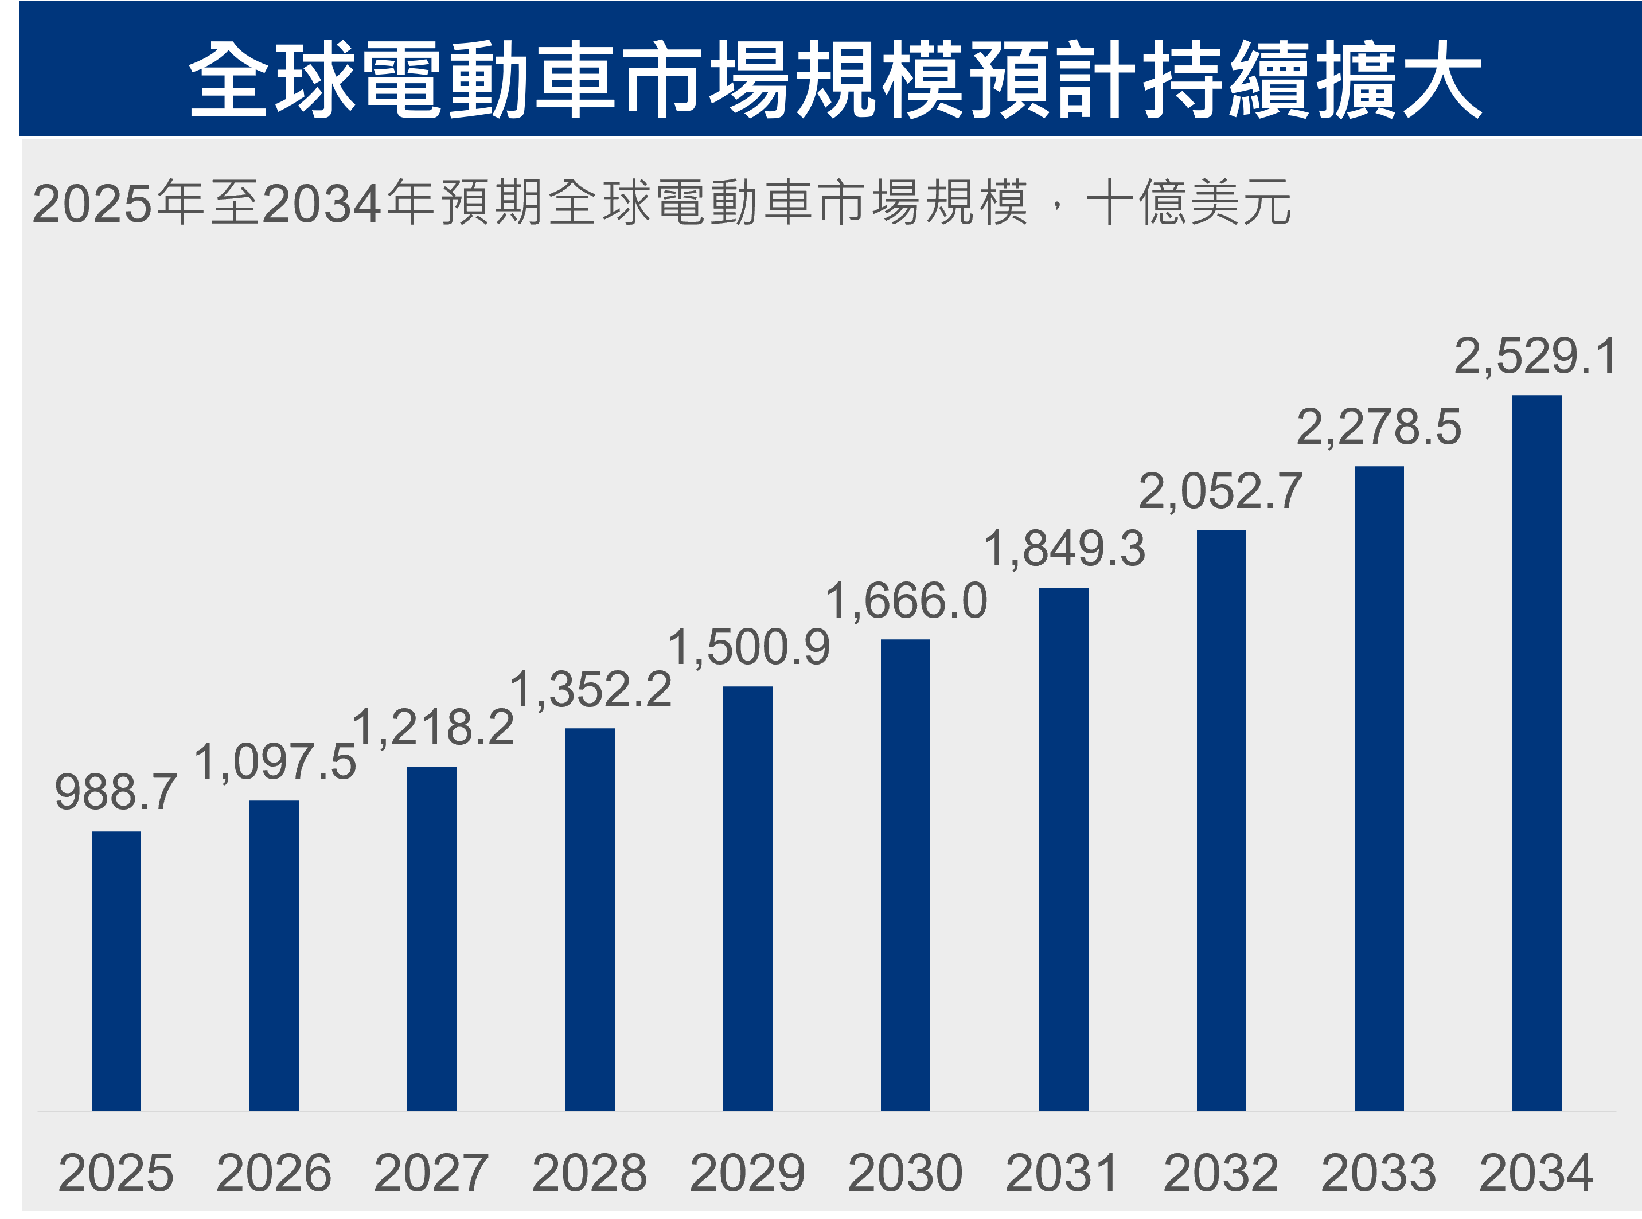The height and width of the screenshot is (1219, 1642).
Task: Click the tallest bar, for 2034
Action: (1536, 753)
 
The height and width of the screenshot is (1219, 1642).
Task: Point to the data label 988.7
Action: (116, 792)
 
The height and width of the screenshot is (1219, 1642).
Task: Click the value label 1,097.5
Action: (275, 761)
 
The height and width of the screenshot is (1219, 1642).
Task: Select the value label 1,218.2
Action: (433, 727)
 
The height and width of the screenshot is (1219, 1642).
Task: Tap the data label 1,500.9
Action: (748, 647)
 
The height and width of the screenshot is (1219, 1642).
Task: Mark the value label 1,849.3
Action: (1063, 548)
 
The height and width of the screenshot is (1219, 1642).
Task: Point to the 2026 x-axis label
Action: (274, 1173)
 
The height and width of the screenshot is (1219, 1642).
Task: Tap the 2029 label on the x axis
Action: (747, 1173)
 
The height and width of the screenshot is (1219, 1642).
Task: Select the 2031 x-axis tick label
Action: (1063, 1173)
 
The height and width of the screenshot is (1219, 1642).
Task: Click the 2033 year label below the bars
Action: (1379, 1173)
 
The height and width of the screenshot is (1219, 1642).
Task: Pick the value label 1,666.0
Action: (906, 600)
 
